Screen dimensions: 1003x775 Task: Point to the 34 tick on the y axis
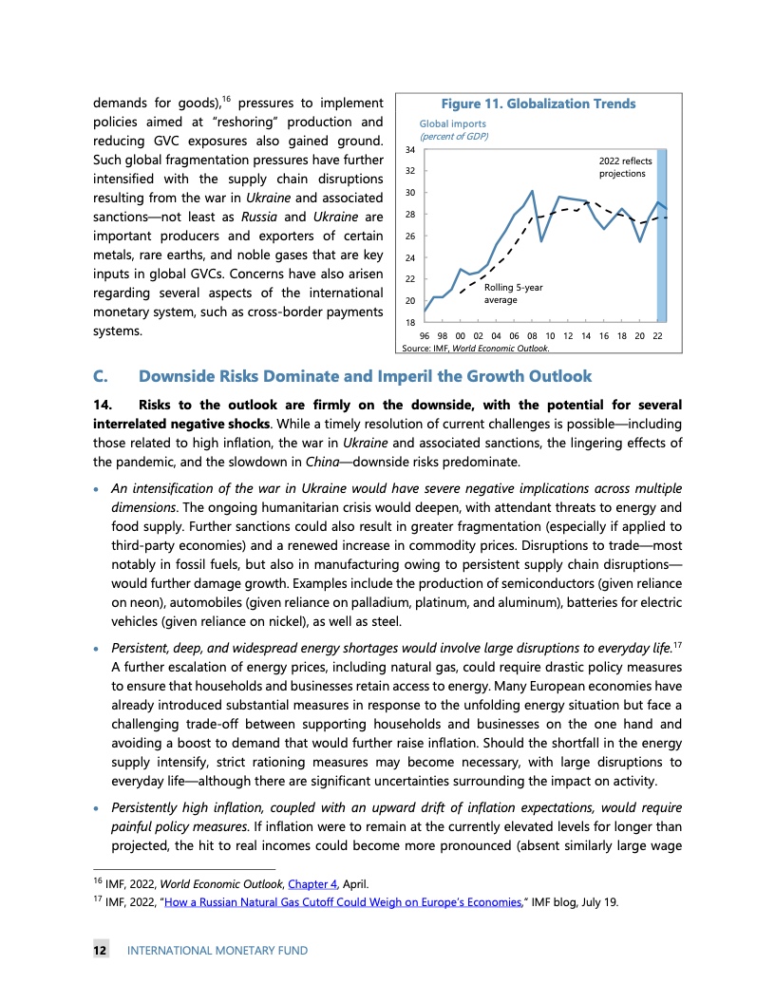[x=409, y=149]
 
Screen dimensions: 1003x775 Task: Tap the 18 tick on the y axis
[x=409, y=323]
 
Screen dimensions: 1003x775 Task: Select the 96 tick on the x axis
[x=425, y=336]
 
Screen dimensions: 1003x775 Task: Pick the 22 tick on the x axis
[x=657, y=336]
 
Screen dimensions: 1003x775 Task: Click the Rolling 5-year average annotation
[x=513, y=293]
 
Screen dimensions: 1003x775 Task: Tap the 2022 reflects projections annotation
[x=625, y=167]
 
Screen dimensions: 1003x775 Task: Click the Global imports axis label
[x=453, y=123]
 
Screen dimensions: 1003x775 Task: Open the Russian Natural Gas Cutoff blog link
[x=350, y=901]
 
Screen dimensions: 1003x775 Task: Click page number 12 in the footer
[x=99, y=950]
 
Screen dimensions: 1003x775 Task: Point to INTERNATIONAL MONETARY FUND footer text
[x=217, y=950]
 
